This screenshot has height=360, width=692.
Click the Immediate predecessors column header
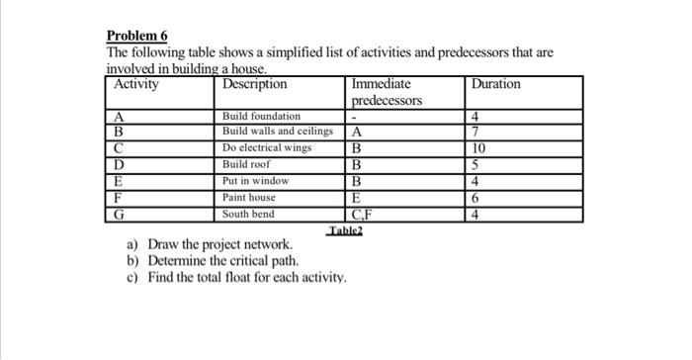[x=387, y=93]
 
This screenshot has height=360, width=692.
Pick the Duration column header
[x=496, y=85]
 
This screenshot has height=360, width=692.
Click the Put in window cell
[x=255, y=182]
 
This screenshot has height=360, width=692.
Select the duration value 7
[x=477, y=132]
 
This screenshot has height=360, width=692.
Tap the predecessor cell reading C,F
[x=362, y=214]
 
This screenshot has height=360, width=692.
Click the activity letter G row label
[x=120, y=214]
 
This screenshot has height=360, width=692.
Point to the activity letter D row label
[x=120, y=165]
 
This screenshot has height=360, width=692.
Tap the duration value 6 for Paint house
[x=477, y=198]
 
